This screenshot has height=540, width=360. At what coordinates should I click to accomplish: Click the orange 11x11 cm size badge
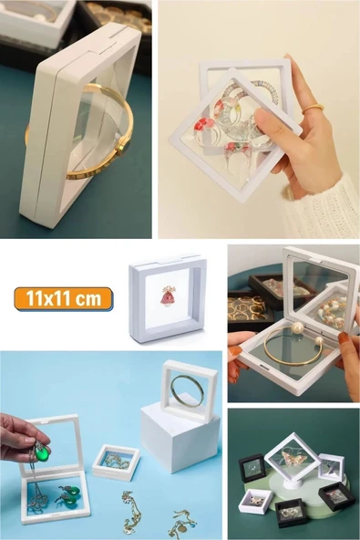63,298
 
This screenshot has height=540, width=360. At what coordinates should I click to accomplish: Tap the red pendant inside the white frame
168,296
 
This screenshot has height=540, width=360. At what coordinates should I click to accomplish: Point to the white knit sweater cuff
328,205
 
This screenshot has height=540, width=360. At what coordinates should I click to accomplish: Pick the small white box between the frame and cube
116,462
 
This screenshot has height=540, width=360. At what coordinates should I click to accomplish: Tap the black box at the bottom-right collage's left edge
252,469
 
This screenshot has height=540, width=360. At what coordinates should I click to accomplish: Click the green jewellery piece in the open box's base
65,497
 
